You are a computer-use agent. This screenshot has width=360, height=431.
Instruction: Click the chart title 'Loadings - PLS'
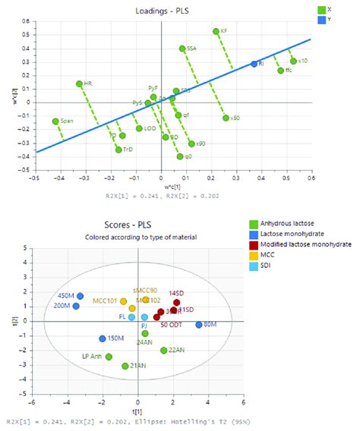tap(171, 7)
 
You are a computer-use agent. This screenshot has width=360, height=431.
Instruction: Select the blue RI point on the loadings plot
tap(254, 64)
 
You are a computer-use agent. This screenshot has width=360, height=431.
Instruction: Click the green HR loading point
tap(79, 84)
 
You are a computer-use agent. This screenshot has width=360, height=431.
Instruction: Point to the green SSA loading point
tap(182, 49)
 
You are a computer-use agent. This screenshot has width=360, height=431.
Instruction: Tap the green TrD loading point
tap(118, 149)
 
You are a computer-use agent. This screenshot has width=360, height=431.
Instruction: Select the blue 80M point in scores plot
tap(199, 325)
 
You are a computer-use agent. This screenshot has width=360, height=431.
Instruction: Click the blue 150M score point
tap(103, 338)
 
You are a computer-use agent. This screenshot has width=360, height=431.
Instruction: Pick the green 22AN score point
tap(163, 350)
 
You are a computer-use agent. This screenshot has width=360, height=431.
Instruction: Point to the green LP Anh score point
tap(109, 357)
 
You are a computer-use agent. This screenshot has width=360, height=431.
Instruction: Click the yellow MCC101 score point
tap(123, 301)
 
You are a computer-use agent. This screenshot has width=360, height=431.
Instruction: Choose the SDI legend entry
tap(267, 269)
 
